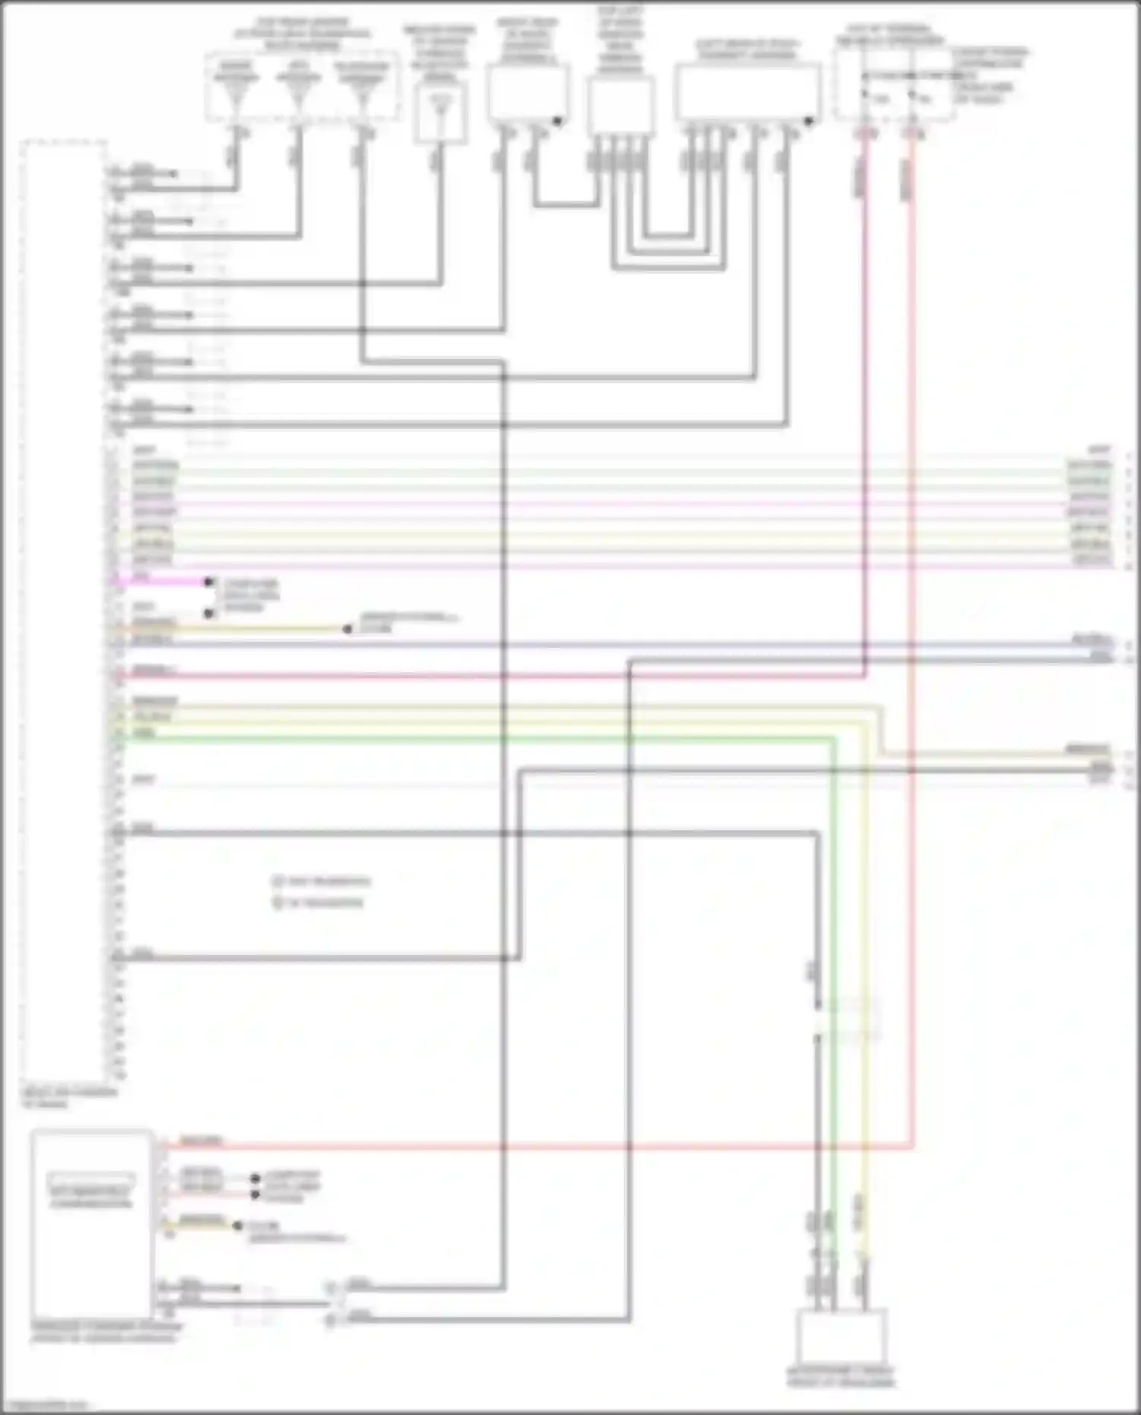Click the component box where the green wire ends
(841, 1336)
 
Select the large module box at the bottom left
(91, 1225)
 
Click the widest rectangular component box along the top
(747, 92)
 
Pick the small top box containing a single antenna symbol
(440, 112)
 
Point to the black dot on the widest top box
(809, 120)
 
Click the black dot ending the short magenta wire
(208, 582)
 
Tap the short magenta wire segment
(164, 582)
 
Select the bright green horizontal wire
(456, 738)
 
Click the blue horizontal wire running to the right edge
(609, 646)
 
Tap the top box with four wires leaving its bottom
(621, 105)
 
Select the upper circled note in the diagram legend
(278, 881)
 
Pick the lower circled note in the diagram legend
(278, 903)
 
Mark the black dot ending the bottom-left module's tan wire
(237, 1226)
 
